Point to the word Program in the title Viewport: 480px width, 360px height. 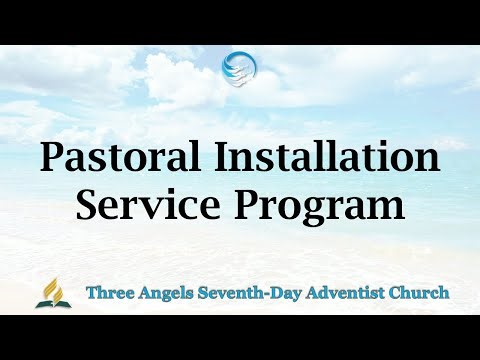317,206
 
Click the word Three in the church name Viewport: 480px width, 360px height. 109,293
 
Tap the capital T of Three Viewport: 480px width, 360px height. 91,293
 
